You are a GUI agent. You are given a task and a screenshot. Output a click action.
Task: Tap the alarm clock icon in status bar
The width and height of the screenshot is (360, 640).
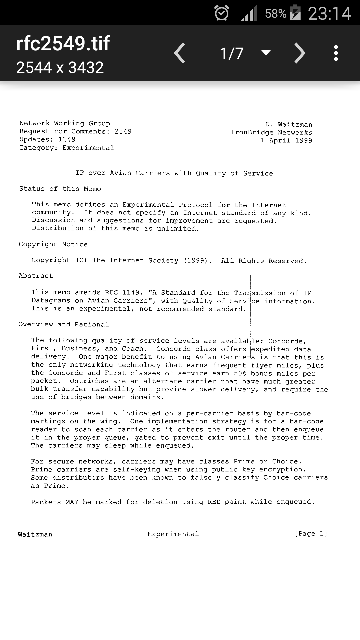click(x=222, y=13)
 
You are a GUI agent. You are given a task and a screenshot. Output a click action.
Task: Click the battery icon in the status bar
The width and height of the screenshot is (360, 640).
click(x=295, y=13)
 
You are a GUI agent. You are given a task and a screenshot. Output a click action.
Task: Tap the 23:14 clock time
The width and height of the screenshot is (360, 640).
click(x=329, y=13)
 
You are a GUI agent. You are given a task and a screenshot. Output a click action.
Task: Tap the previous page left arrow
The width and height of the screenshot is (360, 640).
click(x=180, y=53)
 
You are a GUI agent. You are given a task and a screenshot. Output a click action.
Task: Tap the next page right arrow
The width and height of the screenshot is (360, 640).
click(x=300, y=53)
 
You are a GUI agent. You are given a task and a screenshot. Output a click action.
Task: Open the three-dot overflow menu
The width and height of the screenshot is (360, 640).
click(x=336, y=53)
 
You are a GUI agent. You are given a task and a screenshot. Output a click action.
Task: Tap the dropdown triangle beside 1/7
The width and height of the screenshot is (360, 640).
click(x=266, y=53)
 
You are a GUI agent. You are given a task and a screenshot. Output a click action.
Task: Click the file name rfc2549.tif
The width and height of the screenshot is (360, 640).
click(x=63, y=43)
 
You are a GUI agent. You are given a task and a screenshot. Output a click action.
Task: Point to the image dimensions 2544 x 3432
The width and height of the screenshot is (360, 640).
click(x=60, y=67)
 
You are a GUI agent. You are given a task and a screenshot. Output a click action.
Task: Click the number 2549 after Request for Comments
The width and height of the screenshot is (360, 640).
click(x=123, y=131)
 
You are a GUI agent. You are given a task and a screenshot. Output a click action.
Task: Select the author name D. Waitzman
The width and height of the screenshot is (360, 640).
click(x=289, y=124)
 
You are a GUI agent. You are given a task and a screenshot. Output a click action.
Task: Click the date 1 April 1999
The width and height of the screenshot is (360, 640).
click(x=286, y=140)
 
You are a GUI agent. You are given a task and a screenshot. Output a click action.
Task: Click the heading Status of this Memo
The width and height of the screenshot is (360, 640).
click(x=60, y=189)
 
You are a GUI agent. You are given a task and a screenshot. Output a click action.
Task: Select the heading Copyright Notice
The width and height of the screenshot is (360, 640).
click(x=53, y=244)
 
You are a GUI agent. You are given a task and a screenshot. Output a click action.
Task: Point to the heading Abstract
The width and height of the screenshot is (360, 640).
click(x=36, y=276)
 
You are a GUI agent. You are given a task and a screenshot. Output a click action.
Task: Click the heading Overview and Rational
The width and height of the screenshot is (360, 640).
click(x=64, y=324)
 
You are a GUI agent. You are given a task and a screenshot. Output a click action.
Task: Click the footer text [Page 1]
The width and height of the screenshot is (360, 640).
click(x=311, y=534)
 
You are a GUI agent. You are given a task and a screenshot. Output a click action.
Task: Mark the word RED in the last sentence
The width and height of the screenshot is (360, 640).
click(x=214, y=502)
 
